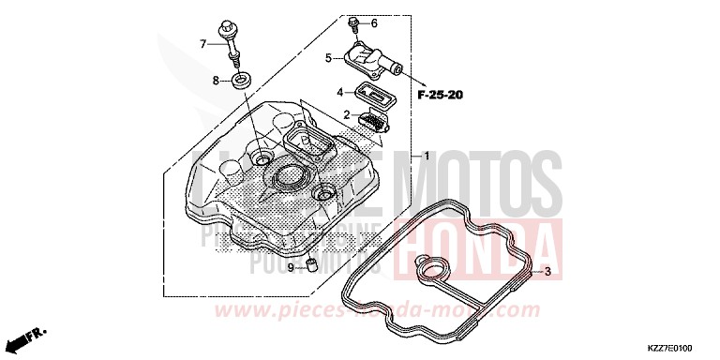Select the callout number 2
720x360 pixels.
[x=347, y=115]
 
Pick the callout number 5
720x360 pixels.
[x=329, y=59]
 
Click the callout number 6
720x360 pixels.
[x=374, y=22]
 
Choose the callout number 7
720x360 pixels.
[x=202, y=43]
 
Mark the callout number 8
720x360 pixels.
[x=216, y=81]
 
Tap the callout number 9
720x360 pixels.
[x=291, y=267]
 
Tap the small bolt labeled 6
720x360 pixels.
[x=352, y=22]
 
